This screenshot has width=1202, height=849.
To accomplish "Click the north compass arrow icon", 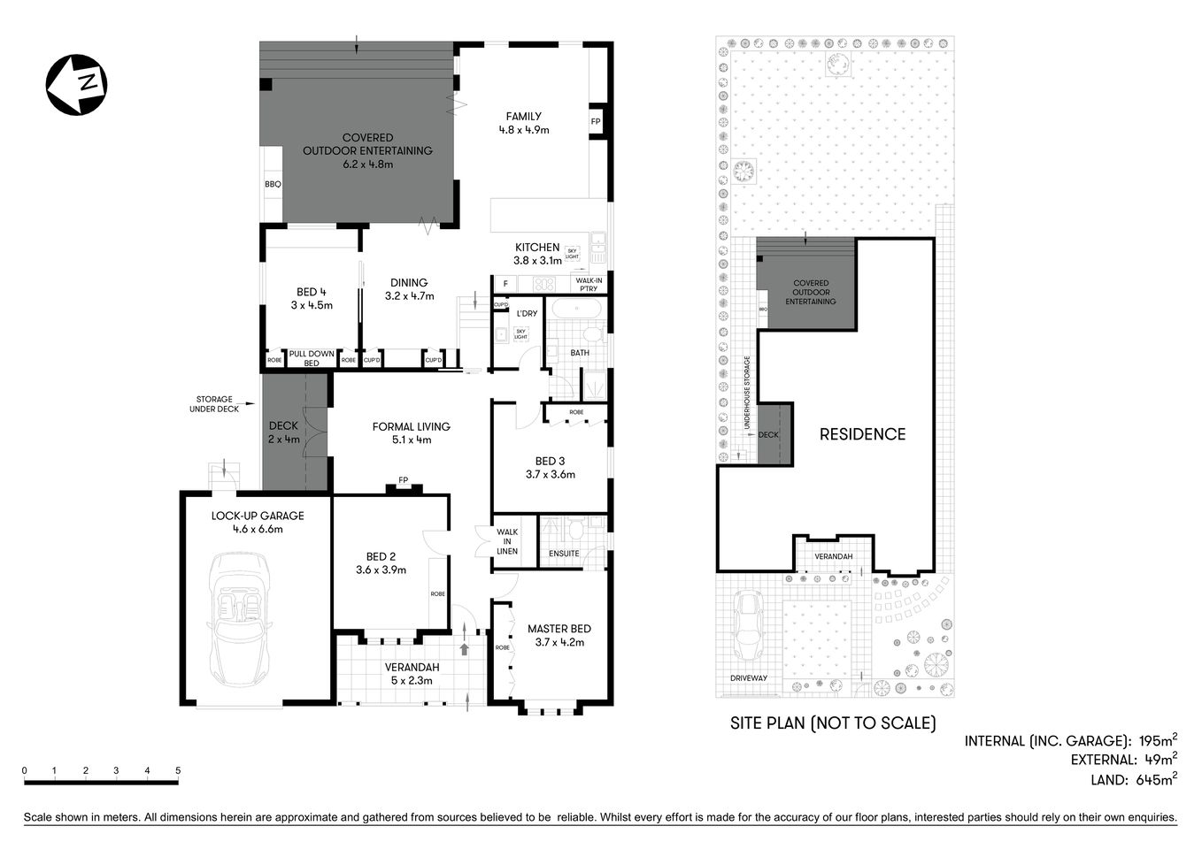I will click(76, 84).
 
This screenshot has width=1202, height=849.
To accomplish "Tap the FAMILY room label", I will click(523, 116).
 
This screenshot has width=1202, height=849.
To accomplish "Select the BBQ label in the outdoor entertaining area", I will click(273, 185).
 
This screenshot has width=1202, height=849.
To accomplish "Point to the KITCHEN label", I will click(537, 248).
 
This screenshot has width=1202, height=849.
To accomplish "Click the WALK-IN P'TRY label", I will click(588, 285).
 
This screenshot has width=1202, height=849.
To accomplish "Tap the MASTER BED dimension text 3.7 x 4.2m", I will click(559, 643).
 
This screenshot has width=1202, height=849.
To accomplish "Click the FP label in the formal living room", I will click(403, 480).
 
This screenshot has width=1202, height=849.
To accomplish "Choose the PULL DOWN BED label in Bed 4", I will click(312, 358).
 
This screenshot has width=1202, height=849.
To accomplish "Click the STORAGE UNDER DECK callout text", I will click(214, 404).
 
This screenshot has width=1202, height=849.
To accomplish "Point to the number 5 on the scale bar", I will click(178, 771).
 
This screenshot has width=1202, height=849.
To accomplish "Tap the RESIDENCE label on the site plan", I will click(862, 434).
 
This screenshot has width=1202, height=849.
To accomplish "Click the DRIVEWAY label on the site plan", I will click(749, 678).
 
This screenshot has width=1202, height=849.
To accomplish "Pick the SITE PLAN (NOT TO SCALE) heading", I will click(832, 723).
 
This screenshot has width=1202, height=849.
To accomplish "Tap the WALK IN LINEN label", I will click(507, 541).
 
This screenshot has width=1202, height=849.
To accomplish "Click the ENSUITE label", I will click(564, 554).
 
